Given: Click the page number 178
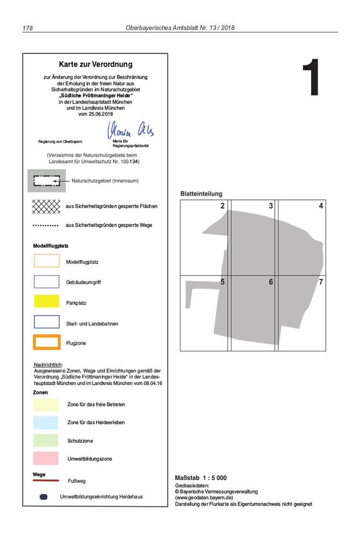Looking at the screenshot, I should click(x=28, y=28).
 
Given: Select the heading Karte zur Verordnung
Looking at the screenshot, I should click(x=96, y=64).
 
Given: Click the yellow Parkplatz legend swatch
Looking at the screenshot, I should click(x=47, y=301).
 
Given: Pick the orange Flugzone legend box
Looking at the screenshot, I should click(x=47, y=342).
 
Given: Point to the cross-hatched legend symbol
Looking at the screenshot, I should click(x=46, y=206).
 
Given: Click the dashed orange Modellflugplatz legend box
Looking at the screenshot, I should click(x=47, y=261).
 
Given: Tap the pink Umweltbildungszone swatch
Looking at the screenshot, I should click(x=46, y=458).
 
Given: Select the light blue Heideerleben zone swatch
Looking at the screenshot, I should click(x=46, y=422).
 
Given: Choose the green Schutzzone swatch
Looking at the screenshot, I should click(x=46, y=440).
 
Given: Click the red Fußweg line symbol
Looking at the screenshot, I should click(x=46, y=480).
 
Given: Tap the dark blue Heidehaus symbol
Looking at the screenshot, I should click(x=44, y=497).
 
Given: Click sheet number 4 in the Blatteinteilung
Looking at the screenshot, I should click(x=321, y=206).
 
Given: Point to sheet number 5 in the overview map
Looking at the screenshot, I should click(x=222, y=282).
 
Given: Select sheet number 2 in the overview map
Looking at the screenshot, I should click(x=222, y=206).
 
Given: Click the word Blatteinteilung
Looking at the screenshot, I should click(x=201, y=194).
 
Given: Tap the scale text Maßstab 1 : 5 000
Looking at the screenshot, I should click(x=201, y=478).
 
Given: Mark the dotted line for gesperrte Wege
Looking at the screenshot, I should click(x=46, y=225).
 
